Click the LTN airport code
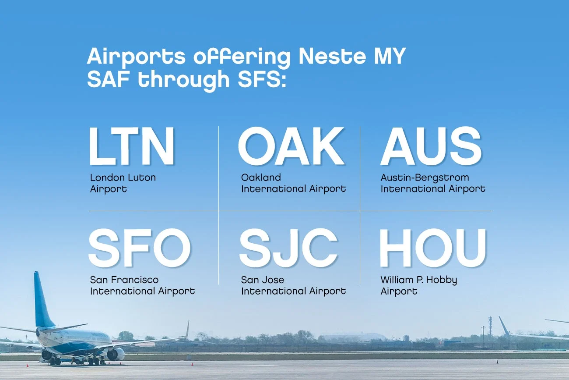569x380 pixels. pos(132,146)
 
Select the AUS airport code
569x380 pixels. pos(431,146)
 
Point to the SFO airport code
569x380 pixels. pos(140,248)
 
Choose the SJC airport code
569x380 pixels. pos(288,248)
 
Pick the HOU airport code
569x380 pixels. pos(432,248)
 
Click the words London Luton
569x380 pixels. pos(123,178)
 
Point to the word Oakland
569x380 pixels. pos(261,178)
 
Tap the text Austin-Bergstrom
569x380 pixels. pos(425,178)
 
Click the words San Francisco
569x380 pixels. pos(124,280)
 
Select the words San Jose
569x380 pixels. pos(263,280)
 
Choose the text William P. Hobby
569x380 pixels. pos(418,280)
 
